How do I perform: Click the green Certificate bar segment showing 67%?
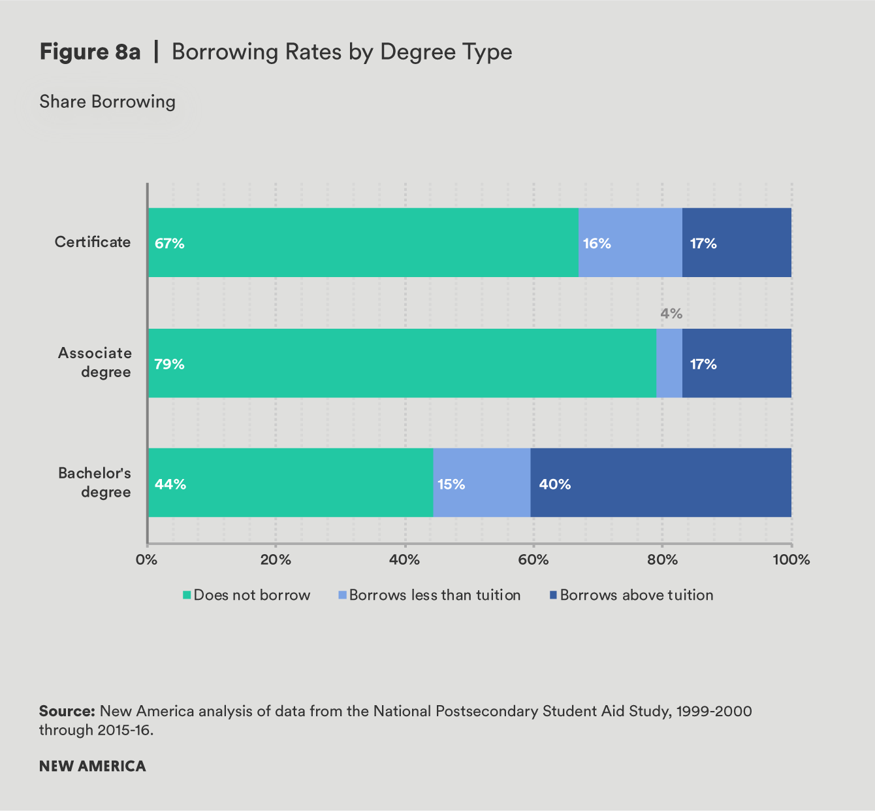(x=363, y=242)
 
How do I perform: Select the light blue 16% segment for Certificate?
(x=630, y=242)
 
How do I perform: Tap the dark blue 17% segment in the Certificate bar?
(x=737, y=242)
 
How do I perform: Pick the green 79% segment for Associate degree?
(x=402, y=363)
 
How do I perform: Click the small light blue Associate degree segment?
(x=669, y=363)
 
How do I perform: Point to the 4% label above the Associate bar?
(x=671, y=314)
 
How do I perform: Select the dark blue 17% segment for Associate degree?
(x=737, y=363)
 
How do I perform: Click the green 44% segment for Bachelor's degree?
(x=291, y=483)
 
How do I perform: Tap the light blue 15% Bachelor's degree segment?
(x=482, y=483)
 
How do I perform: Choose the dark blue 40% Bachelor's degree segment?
(x=661, y=483)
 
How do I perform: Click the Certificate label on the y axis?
(x=93, y=242)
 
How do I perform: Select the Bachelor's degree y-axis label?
(x=95, y=482)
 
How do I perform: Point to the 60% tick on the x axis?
(x=533, y=560)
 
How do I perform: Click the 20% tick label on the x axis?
(x=276, y=560)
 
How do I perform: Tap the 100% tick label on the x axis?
(x=791, y=560)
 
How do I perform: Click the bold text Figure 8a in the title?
(x=90, y=52)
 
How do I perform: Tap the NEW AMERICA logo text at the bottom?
(x=93, y=766)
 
